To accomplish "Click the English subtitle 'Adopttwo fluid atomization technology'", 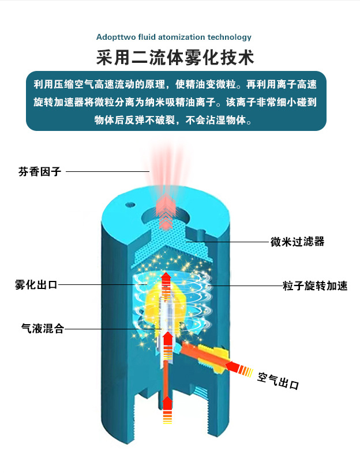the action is [x=174, y=37].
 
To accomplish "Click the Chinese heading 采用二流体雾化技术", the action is [x=175, y=58].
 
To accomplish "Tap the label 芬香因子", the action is [x=39, y=171].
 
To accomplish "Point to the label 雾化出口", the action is [x=36, y=285].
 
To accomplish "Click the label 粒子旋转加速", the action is [x=315, y=286].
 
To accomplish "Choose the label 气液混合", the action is [x=42, y=329].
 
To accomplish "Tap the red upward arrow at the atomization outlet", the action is [x=166, y=281].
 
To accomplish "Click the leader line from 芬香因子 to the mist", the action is [x=107, y=171].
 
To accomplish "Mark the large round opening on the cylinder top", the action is [x=167, y=211].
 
